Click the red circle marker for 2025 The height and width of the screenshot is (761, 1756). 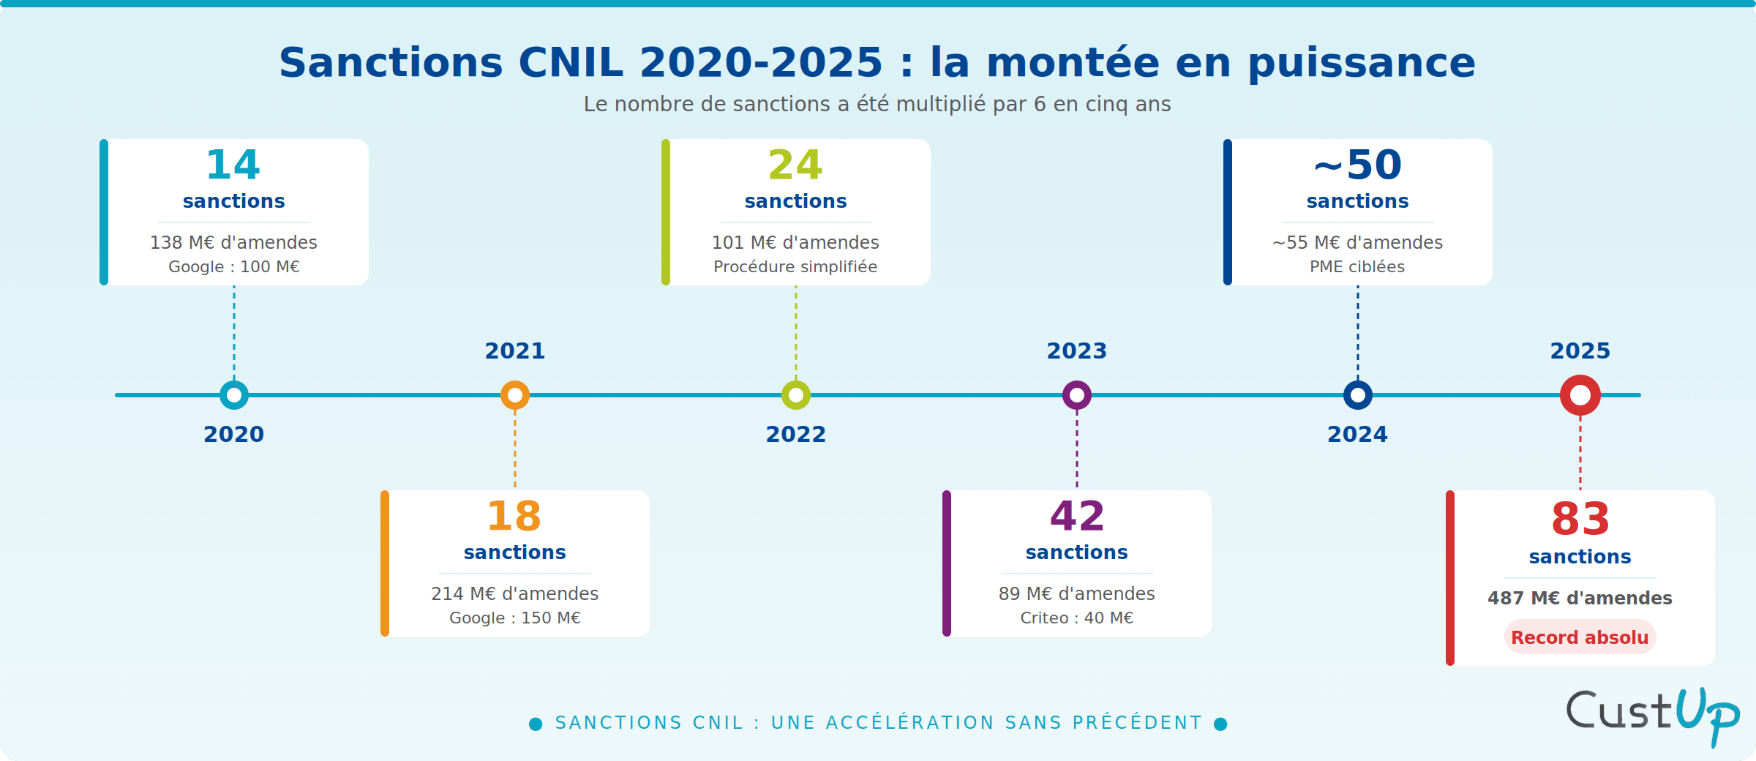tap(1580, 395)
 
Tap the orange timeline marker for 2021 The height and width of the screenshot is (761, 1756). tap(515, 395)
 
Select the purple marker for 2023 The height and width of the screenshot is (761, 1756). tap(1076, 395)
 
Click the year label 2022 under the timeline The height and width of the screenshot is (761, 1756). tap(795, 434)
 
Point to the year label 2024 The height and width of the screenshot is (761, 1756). tap(1357, 434)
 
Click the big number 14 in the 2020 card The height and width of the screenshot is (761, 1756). tap(233, 165)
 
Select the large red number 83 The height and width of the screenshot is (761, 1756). tap(1580, 520)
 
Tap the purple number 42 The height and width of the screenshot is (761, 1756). tap(1076, 517)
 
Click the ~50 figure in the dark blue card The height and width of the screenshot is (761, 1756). tap(1357, 165)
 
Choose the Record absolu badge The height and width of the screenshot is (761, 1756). tap(1580, 637)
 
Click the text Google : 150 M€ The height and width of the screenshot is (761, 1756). tap(514, 618)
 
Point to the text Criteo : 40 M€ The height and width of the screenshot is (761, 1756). tap(1076, 618)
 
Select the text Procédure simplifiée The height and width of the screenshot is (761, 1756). tap(795, 267)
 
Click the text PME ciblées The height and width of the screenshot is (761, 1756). tap(1357, 267)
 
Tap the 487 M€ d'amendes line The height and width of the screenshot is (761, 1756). tap(1580, 598)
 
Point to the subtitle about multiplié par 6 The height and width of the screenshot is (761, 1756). tap(877, 105)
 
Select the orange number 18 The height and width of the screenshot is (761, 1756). tap(514, 517)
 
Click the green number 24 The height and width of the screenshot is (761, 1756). tap(795, 165)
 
